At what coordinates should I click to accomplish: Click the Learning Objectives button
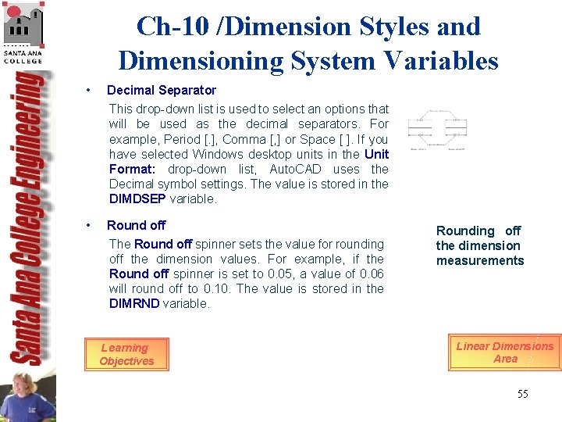click(x=125, y=355)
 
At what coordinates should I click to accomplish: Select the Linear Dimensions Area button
click(x=505, y=352)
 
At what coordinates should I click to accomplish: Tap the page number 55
click(x=522, y=394)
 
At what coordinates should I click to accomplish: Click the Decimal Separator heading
click(x=162, y=90)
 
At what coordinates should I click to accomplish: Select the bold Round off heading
click(x=137, y=225)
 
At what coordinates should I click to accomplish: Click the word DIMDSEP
click(x=137, y=198)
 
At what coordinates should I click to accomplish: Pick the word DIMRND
click(x=134, y=303)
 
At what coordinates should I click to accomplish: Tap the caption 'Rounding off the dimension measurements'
click(x=480, y=245)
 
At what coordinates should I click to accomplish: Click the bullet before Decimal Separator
click(x=91, y=90)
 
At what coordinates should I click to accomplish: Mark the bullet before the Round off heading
click(x=91, y=225)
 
